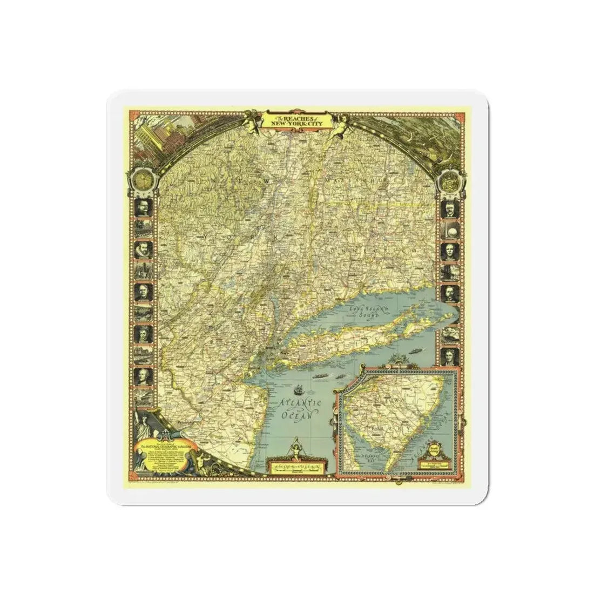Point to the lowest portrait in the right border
[x=449, y=356]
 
